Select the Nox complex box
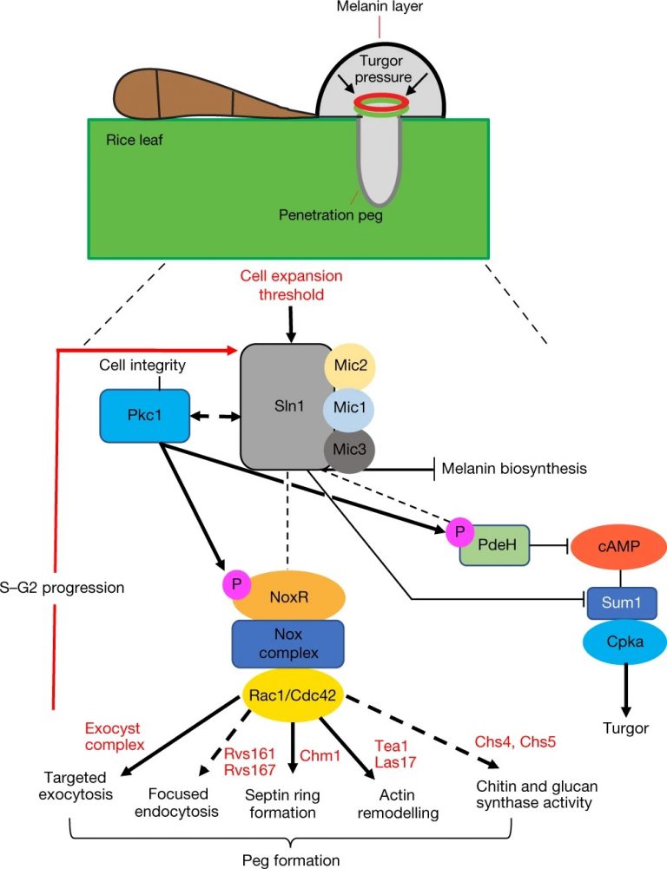pos(287,643)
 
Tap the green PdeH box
pos(493,546)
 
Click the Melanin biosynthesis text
pos(513,468)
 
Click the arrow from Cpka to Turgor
pos(619,694)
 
